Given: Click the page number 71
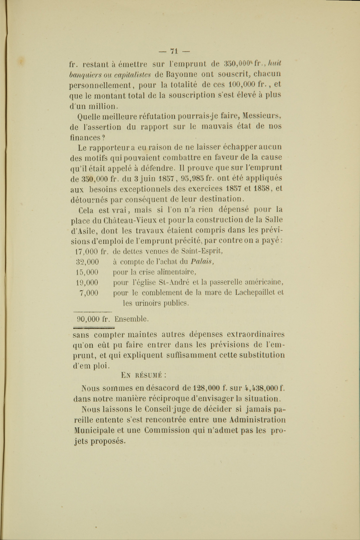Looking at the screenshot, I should pyautogui.click(x=174, y=51).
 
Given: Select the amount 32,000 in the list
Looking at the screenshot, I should pyautogui.click(x=87, y=262).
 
